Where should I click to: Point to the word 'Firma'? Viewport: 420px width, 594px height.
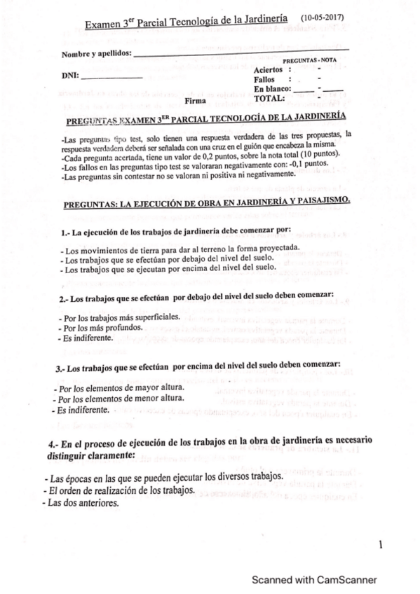(x=195, y=99)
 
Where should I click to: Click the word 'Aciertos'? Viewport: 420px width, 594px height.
(x=269, y=70)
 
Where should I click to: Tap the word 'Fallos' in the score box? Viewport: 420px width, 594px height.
(x=266, y=80)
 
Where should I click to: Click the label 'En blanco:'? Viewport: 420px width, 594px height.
(x=273, y=89)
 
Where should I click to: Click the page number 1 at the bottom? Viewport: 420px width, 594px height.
(x=380, y=543)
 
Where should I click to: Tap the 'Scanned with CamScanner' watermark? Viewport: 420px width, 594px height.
(x=315, y=579)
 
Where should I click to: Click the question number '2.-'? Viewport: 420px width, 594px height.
(x=65, y=298)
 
